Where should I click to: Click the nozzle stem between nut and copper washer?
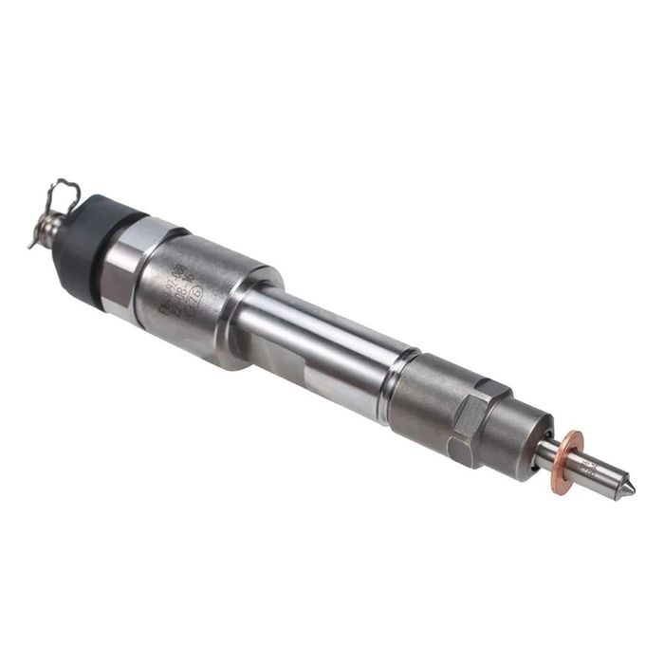point(548,452)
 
